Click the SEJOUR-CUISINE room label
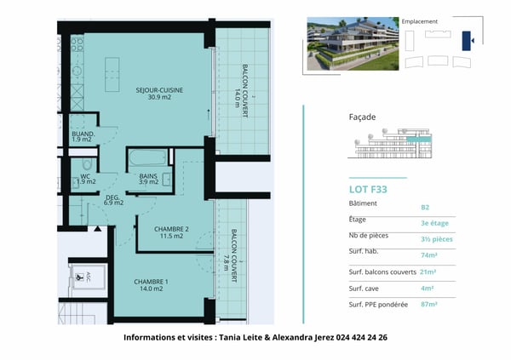click(x=160, y=94)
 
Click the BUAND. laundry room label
click(x=83, y=136)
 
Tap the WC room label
click(x=86, y=178)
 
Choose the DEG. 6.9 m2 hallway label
click(x=113, y=200)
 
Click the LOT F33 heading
click(x=369, y=190)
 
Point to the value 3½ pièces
click(x=437, y=239)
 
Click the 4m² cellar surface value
click(x=427, y=288)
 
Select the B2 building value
click(x=425, y=207)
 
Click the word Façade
click(x=363, y=117)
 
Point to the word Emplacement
click(x=419, y=20)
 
